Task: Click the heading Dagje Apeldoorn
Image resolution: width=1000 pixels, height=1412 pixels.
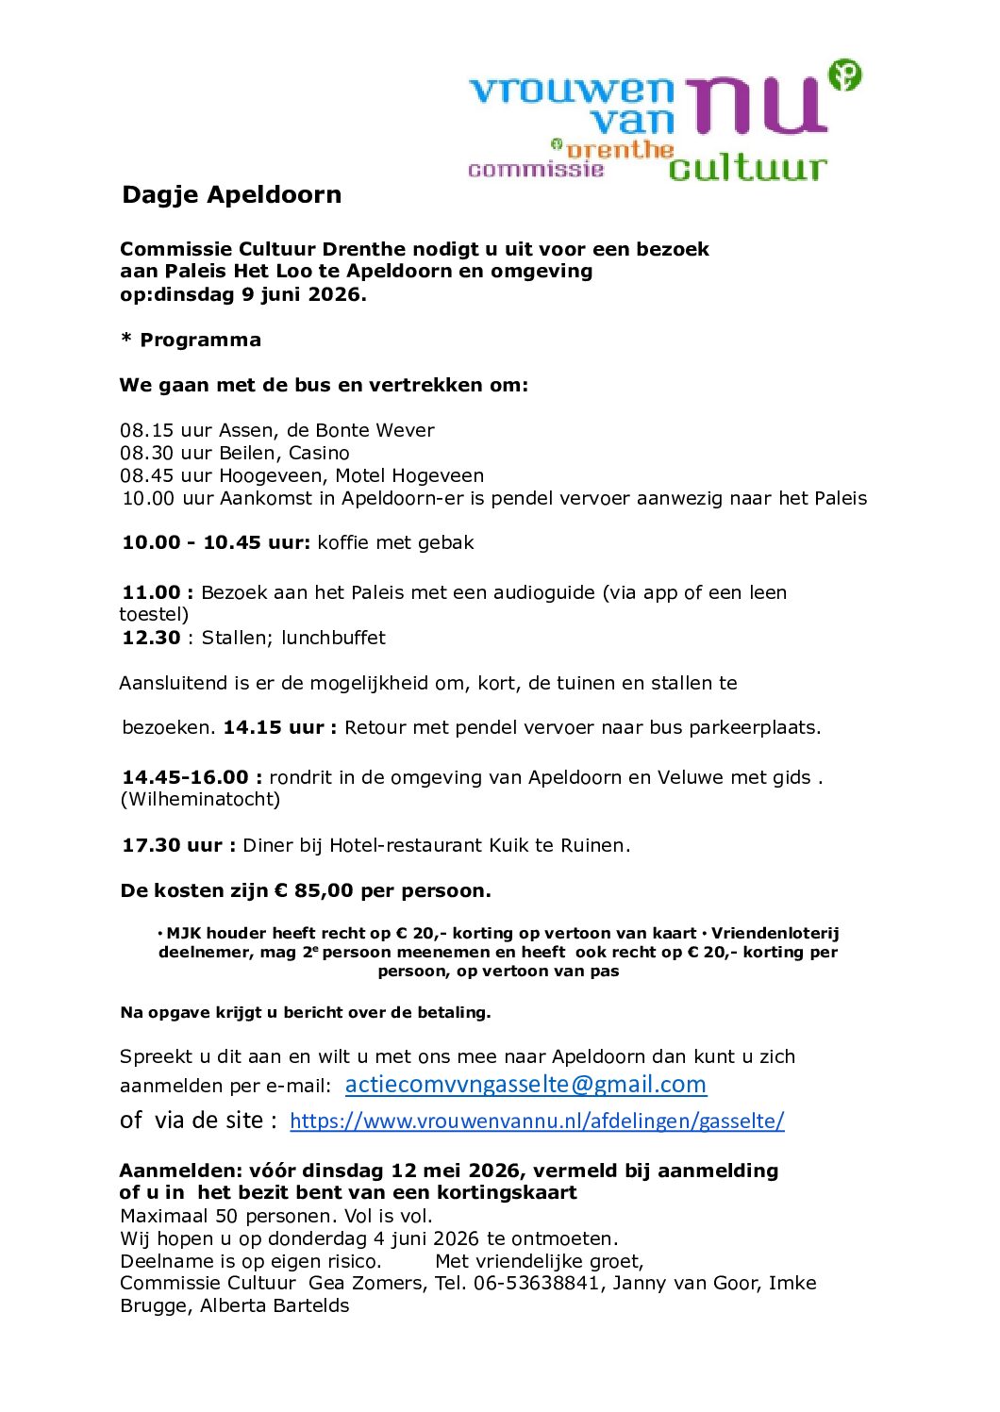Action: point(231,194)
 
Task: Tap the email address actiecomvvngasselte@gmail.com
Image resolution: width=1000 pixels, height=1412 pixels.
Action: point(525,1085)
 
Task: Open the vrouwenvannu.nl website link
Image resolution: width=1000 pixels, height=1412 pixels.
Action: point(537,1121)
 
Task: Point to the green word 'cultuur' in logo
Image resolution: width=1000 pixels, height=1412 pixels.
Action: point(747,168)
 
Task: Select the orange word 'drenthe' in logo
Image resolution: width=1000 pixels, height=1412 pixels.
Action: point(620,150)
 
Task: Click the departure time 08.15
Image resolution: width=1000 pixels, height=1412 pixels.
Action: point(147,430)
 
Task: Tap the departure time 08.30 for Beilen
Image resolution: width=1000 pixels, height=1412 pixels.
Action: point(147,453)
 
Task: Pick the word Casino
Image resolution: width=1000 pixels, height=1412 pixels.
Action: point(319,453)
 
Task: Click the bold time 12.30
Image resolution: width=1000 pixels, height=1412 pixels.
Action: point(151,638)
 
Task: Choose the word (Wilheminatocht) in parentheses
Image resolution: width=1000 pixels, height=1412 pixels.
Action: point(200,799)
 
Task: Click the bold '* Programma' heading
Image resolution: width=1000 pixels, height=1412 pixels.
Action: point(191,340)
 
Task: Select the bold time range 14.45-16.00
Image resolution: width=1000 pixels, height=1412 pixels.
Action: point(185,777)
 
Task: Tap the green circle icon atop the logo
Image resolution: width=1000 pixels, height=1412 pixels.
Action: point(844,75)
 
